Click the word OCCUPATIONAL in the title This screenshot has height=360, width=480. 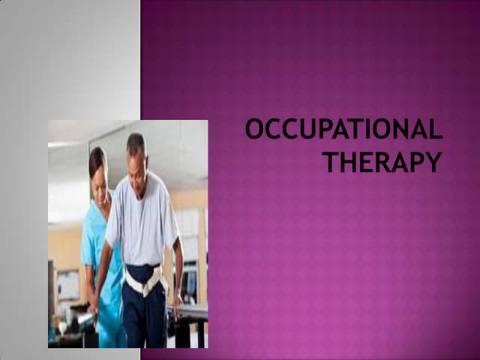pos(343,130)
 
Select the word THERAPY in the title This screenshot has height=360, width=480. pos(382,162)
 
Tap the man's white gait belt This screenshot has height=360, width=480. pos(145,280)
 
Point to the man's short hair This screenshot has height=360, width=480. pos(135,140)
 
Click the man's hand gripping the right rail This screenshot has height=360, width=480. pos(177,304)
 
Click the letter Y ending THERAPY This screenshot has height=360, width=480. pos(431,162)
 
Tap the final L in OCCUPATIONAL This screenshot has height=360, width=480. pos(435,130)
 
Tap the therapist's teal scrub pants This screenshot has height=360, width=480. pos(110,326)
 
